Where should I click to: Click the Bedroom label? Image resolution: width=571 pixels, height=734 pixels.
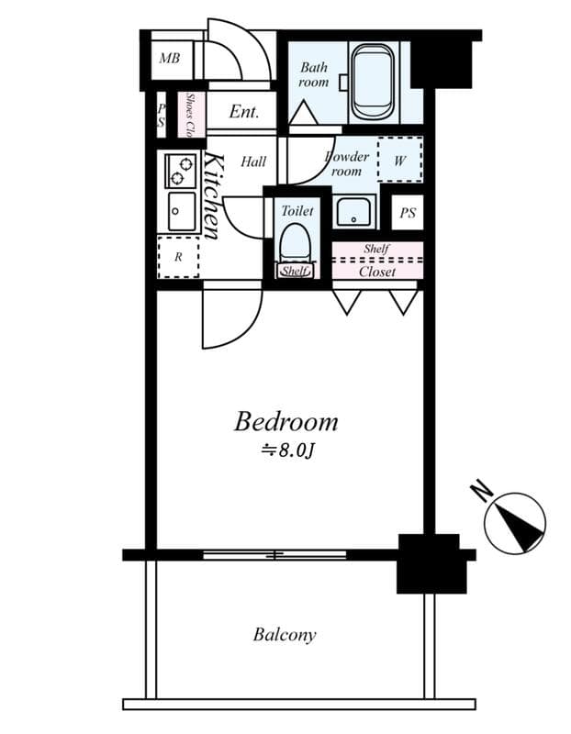pyautogui.click(x=285, y=423)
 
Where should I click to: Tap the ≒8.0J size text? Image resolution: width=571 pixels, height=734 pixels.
pyautogui.click(x=289, y=450)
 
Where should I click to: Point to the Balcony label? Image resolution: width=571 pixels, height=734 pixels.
pyautogui.click(x=285, y=634)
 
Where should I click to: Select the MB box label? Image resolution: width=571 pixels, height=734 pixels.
pyautogui.click(x=170, y=60)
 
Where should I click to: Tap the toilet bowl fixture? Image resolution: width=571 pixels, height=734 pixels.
pyautogui.click(x=296, y=245)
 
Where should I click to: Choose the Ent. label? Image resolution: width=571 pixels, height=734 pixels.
pyautogui.click(x=244, y=113)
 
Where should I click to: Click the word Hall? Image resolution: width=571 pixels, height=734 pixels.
pyautogui.click(x=253, y=161)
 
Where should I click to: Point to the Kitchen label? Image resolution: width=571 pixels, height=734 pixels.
pyautogui.click(x=211, y=195)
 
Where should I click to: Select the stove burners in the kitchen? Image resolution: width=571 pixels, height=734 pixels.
pyautogui.click(x=180, y=171)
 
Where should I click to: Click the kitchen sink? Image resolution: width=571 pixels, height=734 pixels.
pyautogui.click(x=180, y=212)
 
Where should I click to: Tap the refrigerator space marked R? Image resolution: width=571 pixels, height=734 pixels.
pyautogui.click(x=178, y=258)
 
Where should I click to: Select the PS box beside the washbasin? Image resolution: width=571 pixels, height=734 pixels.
pyautogui.click(x=408, y=213)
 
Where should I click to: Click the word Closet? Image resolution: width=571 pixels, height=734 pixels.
pyautogui.click(x=376, y=272)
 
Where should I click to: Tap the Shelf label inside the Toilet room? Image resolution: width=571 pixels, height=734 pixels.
pyautogui.click(x=295, y=272)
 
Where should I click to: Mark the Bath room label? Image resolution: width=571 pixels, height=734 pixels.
pyautogui.click(x=314, y=74)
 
